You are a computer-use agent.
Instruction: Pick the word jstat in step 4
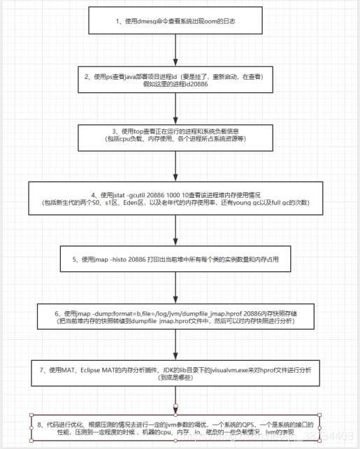click(111, 193)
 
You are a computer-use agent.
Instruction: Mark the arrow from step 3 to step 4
click(175, 165)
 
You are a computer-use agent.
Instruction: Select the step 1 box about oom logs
click(175, 22)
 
